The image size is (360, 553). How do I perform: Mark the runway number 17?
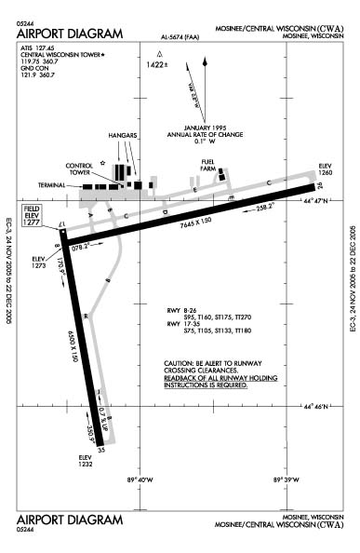[62, 225]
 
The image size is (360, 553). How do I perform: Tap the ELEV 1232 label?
[87, 459]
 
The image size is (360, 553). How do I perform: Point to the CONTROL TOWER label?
[78, 169]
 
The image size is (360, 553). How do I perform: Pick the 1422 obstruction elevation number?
[158, 65]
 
